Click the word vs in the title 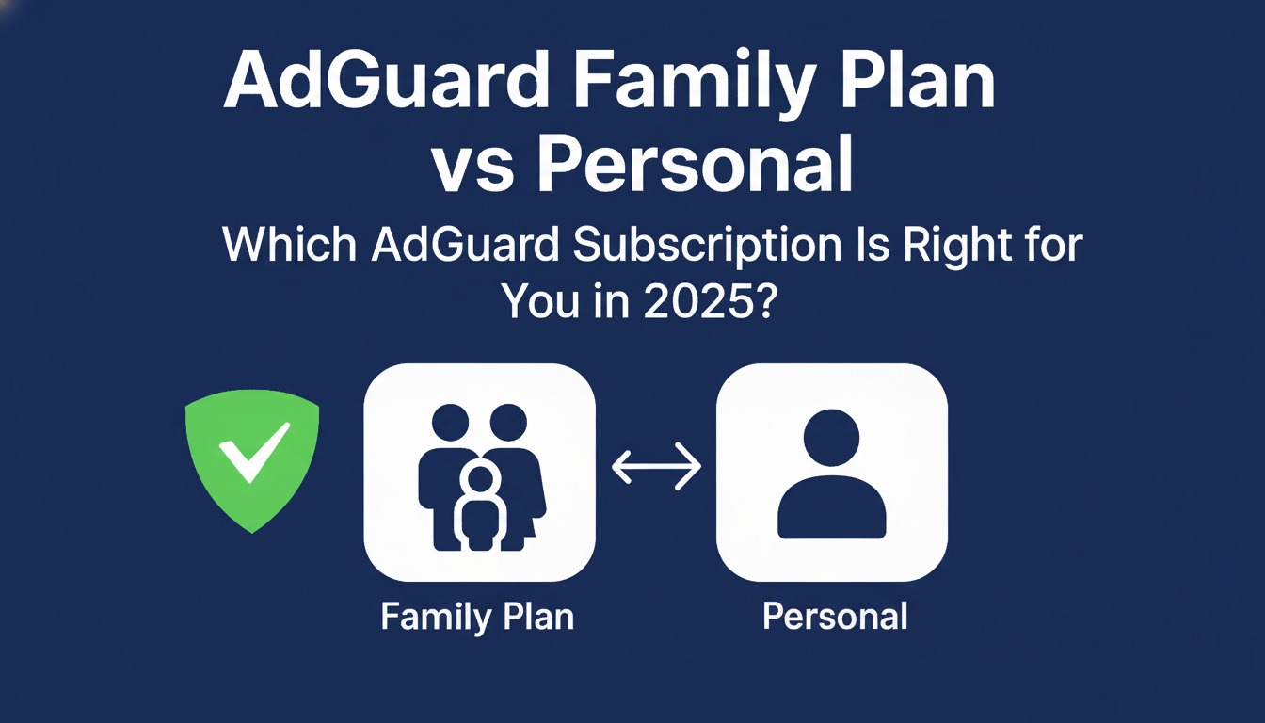pyautogui.click(x=475, y=168)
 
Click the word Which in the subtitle pyautogui.click(x=289, y=247)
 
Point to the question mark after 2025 pyautogui.click(x=761, y=303)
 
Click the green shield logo pyautogui.click(x=252, y=461)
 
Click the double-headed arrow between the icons pyautogui.click(x=656, y=467)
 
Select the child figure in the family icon pyautogui.click(x=481, y=508)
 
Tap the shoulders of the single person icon pyautogui.click(x=832, y=509)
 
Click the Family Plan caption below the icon pyautogui.click(x=477, y=618)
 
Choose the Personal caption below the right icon pyautogui.click(x=835, y=617)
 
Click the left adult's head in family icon pyautogui.click(x=450, y=423)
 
